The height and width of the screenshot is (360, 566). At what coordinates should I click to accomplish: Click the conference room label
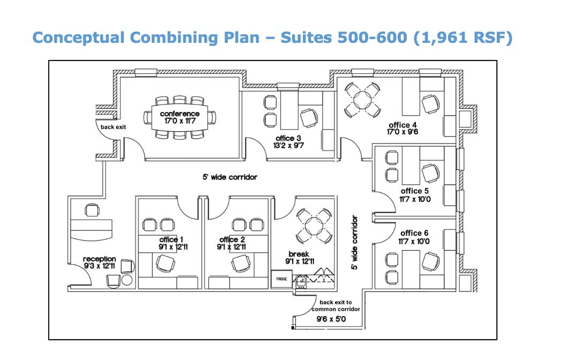[x=180, y=114]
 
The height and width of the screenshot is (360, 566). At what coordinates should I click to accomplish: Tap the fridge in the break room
[x=281, y=279]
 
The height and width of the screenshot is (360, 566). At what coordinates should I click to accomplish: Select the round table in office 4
[x=362, y=100]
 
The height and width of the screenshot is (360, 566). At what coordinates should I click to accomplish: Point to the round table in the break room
[x=314, y=226]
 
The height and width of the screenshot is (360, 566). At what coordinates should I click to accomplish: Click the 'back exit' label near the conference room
[x=113, y=127]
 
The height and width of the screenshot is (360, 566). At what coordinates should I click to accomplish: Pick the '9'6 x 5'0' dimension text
[x=331, y=319]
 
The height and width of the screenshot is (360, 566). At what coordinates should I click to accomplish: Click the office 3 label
[x=288, y=138]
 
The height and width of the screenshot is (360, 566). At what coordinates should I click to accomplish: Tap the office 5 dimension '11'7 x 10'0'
[x=415, y=199]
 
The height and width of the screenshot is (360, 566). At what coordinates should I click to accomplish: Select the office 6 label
[x=414, y=233]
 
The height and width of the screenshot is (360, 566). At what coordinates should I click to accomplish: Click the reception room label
[x=99, y=259]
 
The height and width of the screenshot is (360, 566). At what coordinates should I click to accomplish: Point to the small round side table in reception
[x=127, y=280]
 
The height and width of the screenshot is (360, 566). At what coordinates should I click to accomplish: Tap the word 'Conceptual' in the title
[x=78, y=38]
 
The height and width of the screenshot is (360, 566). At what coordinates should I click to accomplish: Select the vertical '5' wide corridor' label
[x=354, y=242]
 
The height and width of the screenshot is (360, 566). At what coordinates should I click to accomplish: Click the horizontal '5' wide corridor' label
[x=230, y=177]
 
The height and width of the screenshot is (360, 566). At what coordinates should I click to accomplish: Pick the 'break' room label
[x=299, y=254]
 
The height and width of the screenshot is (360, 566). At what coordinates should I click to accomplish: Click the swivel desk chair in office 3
[x=309, y=118]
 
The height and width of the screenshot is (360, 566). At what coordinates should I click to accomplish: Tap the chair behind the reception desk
[x=92, y=211]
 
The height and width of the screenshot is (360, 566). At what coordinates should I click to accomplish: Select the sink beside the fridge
[x=301, y=281]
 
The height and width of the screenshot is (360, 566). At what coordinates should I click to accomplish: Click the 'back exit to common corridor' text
[x=336, y=305]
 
